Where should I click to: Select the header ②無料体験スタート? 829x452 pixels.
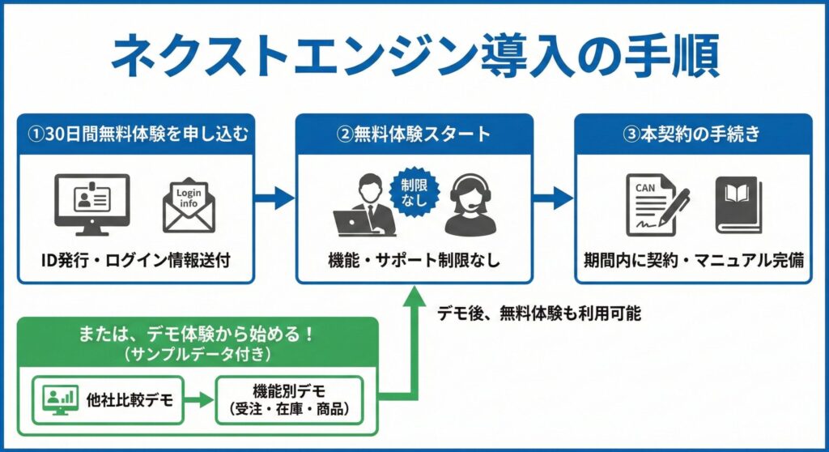(414, 134)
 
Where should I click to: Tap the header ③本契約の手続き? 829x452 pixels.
(693, 134)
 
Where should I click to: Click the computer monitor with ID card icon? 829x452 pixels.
(91, 203)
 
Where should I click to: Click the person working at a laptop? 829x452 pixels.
(366, 207)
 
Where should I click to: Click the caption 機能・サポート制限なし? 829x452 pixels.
(414, 260)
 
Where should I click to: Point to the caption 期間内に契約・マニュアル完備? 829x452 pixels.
(693, 260)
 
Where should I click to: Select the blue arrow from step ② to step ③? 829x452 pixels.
(552, 198)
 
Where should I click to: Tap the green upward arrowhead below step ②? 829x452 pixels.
(414, 298)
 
